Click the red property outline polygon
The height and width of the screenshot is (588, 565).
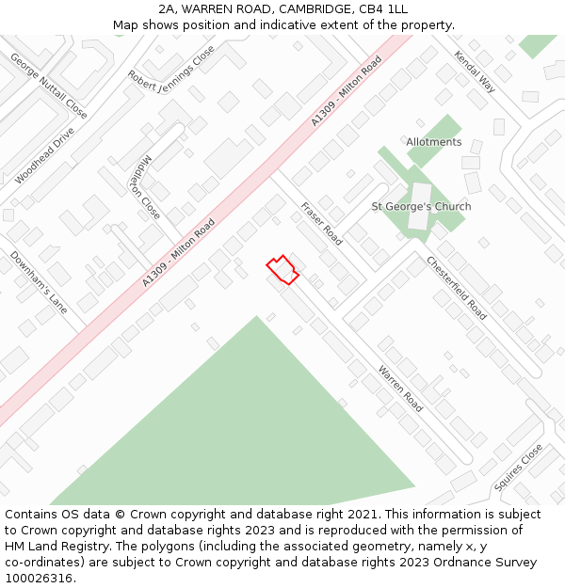click(x=282, y=270)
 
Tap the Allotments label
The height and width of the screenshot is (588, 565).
click(x=434, y=142)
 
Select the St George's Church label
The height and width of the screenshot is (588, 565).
click(x=421, y=207)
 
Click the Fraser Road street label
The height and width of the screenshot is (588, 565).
click(x=321, y=223)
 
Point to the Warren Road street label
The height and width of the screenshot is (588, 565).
click(x=401, y=389)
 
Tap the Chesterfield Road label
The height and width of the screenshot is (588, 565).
click(x=456, y=287)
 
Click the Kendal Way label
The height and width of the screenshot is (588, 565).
click(x=475, y=72)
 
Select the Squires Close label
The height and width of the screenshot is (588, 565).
click(x=518, y=468)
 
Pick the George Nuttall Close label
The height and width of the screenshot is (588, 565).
click(x=49, y=86)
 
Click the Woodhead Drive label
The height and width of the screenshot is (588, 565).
click(x=44, y=155)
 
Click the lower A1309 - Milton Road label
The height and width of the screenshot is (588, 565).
click(x=179, y=253)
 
